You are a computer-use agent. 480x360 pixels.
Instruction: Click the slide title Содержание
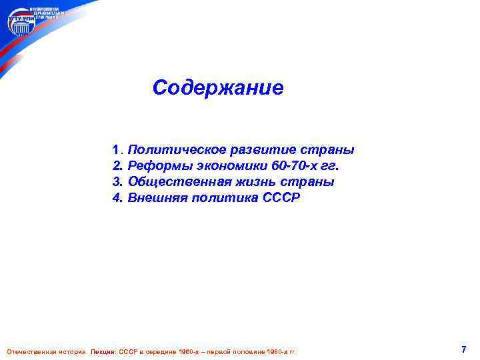pos(218,87)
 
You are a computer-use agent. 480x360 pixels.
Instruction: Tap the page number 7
pos(463,349)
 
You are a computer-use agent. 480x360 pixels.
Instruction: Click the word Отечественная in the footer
pos(28,351)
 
